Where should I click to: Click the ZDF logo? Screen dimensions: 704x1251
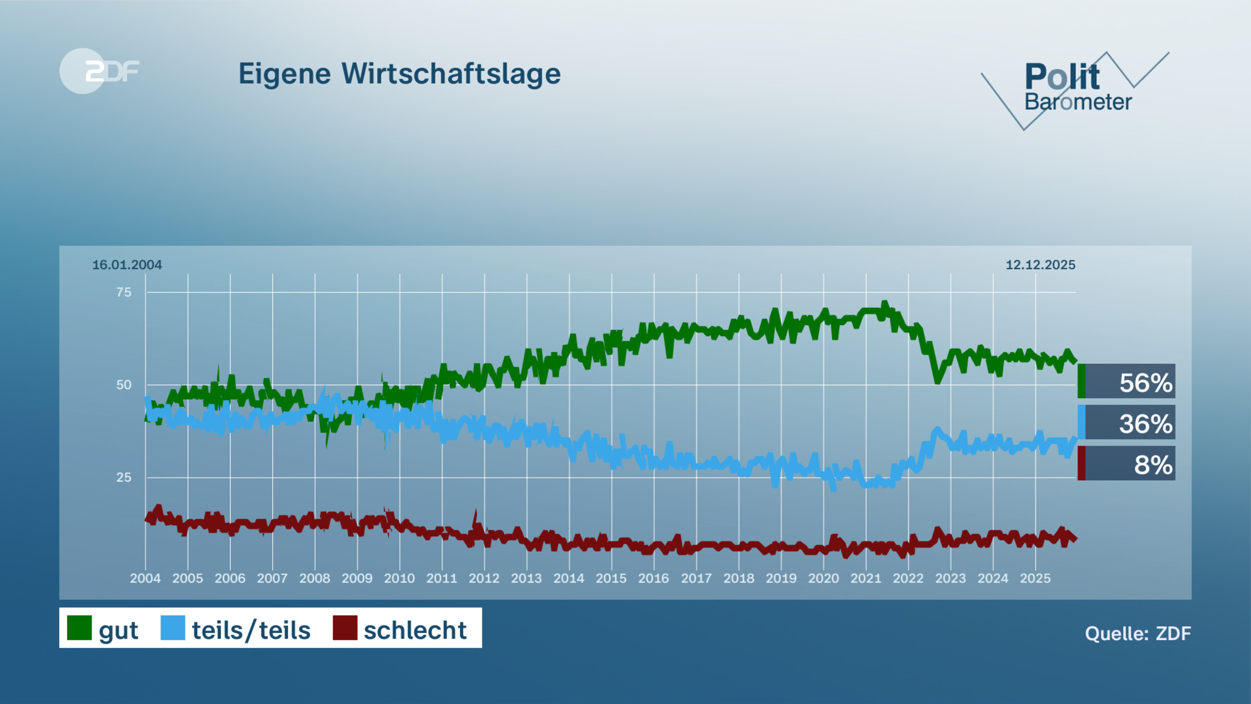[x=99, y=71]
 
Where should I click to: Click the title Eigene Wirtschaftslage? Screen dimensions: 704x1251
[x=399, y=74]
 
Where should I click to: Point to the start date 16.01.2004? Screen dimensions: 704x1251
[x=127, y=265]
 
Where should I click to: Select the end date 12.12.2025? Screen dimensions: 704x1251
[x=1040, y=265]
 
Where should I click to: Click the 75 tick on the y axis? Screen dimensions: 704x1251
[x=124, y=293]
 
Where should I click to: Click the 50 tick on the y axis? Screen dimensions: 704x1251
[x=124, y=385]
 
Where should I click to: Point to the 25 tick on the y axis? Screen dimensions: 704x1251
[x=124, y=477]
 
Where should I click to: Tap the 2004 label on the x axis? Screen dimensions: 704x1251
[x=145, y=578]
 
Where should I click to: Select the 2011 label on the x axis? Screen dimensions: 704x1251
[x=441, y=578]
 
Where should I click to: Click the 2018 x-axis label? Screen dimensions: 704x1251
[x=739, y=578]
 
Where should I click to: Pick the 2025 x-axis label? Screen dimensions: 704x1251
[x=1035, y=578]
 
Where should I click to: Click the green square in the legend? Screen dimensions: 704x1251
[x=79, y=628]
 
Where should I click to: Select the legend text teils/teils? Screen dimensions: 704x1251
[x=251, y=630]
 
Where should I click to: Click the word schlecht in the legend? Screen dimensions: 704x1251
[x=415, y=630]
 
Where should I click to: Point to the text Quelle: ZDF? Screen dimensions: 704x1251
[x=1137, y=634]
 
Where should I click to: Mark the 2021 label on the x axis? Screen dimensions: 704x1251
[x=866, y=578]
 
